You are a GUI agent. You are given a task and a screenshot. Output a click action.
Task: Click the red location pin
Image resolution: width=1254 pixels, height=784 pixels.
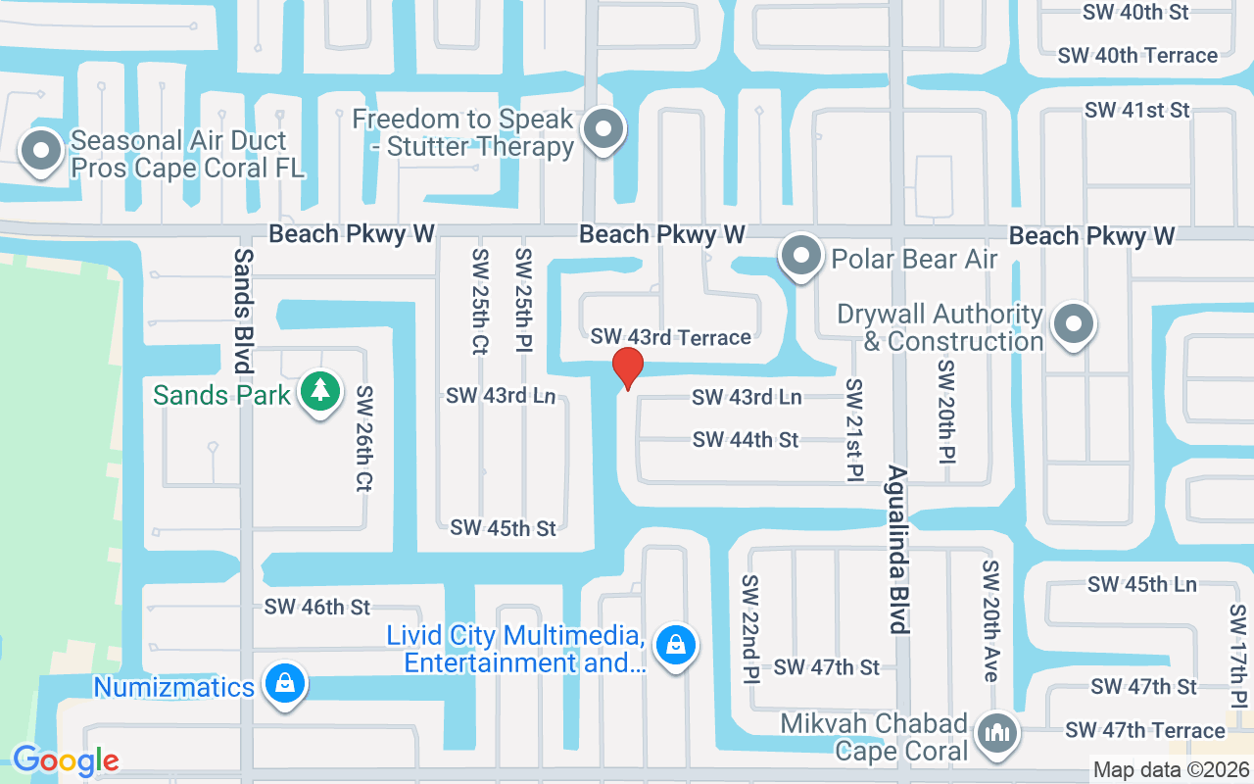point(627,368)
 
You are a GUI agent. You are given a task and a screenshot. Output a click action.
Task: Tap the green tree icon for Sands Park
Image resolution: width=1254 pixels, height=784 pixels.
point(319,392)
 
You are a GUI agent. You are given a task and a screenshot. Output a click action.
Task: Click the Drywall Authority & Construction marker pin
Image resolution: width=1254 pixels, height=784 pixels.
point(1074,324)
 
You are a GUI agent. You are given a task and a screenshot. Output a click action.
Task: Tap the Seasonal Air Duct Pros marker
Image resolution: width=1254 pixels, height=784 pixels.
point(41,152)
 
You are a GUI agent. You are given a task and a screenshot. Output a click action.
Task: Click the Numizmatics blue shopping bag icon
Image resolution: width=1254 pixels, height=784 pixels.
point(284,684)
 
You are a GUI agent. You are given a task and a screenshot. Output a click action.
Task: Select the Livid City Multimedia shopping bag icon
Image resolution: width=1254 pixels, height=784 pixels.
point(675,646)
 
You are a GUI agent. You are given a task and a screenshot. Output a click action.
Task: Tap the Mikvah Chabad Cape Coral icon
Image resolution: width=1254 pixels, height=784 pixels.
point(998,733)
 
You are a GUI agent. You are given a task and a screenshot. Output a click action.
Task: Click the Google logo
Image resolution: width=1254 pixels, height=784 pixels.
point(66,760)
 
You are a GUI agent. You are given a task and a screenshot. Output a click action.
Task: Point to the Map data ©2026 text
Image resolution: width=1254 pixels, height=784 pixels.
point(1170,770)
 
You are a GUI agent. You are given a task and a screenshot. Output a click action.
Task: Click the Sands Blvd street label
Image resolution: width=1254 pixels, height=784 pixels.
point(243,310)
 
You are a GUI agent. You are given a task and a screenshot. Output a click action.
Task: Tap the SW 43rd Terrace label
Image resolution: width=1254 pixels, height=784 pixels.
point(670,337)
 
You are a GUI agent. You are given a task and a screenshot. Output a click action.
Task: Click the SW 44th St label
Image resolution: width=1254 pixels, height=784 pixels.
point(746,440)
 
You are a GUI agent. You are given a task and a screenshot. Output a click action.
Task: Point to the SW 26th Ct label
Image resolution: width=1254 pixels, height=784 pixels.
point(364,437)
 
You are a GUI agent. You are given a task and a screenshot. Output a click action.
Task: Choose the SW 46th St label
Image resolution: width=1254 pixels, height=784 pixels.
point(317,608)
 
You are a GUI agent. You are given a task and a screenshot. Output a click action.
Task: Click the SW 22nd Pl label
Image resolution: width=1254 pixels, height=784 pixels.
point(750,628)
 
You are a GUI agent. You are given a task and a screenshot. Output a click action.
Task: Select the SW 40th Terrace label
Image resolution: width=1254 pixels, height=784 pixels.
point(1137,56)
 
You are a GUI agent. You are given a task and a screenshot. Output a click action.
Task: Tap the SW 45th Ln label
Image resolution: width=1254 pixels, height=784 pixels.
point(1141,584)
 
